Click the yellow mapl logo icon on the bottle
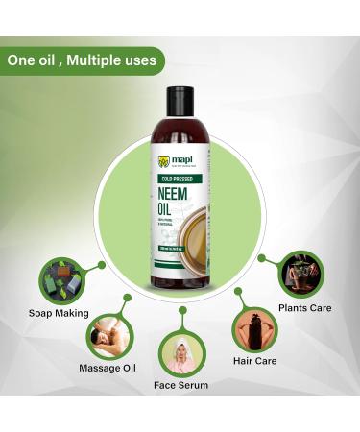click(x=165, y=161)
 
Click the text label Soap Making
click(x=60, y=313)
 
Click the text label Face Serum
click(x=180, y=385)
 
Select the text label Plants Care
click(x=305, y=309)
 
